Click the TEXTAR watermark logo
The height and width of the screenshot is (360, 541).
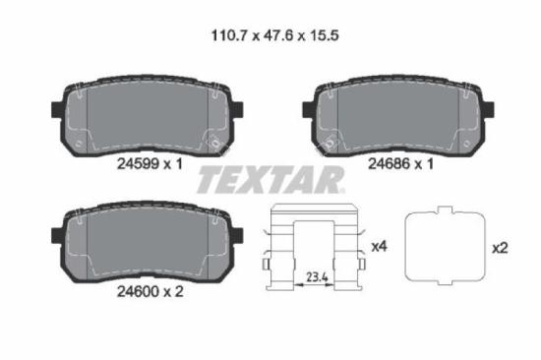pos(270,180)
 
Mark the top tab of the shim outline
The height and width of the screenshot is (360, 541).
pos(447,210)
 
